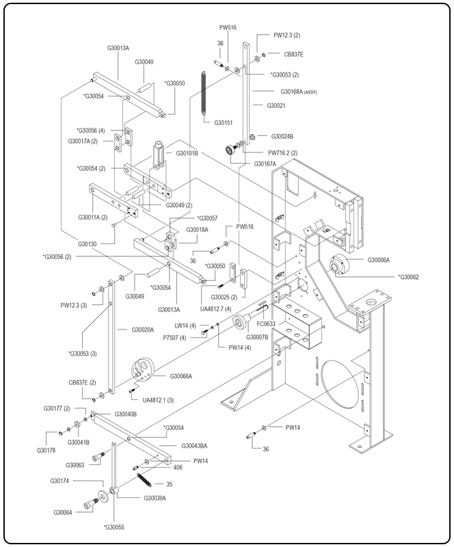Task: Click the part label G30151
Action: click(x=224, y=122)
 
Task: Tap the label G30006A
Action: click(x=378, y=260)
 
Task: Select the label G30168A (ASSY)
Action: click(x=299, y=91)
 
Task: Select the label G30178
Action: click(x=46, y=450)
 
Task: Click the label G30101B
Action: click(x=187, y=153)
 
